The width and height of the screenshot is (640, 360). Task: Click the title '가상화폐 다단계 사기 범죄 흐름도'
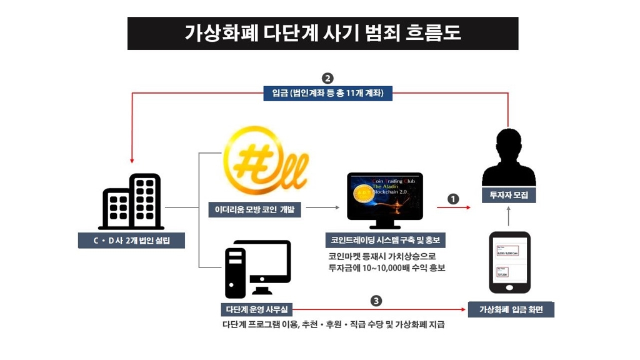point(322,33)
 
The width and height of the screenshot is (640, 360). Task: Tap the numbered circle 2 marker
point(327,79)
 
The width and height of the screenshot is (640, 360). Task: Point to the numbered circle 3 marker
point(376,301)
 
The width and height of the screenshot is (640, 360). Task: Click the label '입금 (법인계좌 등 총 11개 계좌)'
point(327,94)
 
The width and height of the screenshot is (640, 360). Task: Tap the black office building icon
point(131,201)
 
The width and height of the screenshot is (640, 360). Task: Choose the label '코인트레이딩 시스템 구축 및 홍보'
point(385,241)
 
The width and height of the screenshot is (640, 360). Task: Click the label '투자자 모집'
point(509,196)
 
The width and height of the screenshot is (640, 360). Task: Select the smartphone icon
point(509,262)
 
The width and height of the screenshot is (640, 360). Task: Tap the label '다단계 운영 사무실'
point(256,309)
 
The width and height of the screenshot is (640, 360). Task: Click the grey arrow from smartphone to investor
point(509,216)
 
